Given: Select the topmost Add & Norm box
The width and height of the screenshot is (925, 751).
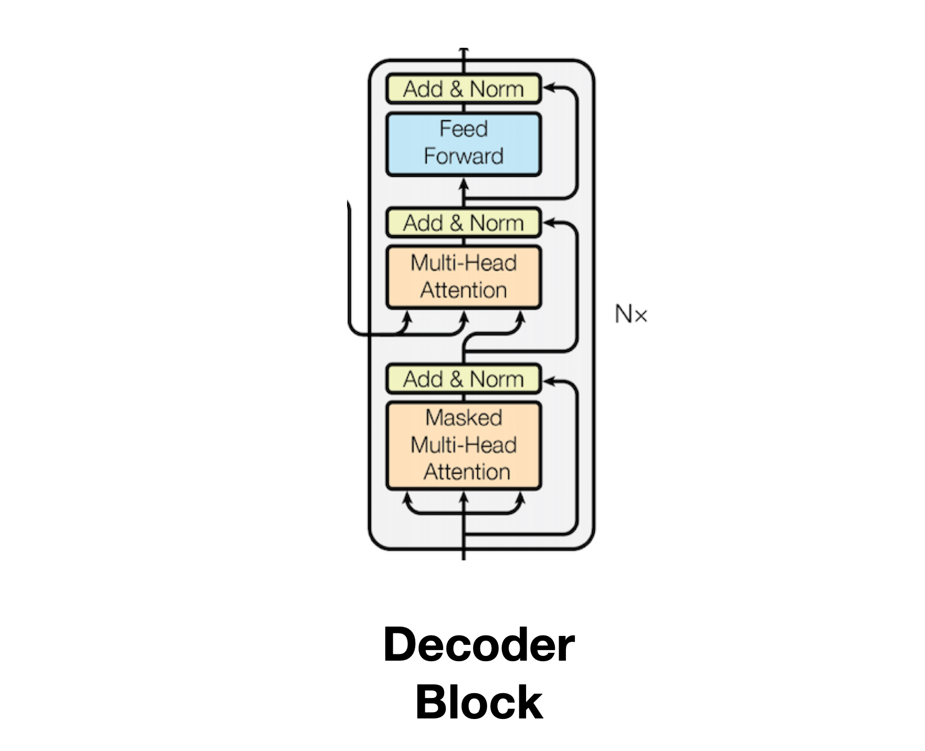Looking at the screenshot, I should [464, 89].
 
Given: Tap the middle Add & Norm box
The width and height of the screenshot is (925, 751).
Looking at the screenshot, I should [464, 223].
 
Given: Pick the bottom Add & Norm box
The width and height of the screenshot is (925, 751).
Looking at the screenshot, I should [464, 379].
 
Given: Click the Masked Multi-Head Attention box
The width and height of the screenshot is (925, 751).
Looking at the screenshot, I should [464, 445].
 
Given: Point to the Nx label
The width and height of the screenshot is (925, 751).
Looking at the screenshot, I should [630, 315].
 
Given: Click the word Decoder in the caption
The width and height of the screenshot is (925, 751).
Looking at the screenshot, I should [479, 645].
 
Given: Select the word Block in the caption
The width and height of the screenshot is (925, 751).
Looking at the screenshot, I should [479, 703].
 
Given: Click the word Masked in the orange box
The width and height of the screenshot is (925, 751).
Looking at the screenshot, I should [464, 418].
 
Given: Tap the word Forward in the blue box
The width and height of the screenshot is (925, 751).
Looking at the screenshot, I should [464, 156].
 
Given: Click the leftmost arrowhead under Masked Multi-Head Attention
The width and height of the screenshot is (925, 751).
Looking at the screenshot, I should [406, 496].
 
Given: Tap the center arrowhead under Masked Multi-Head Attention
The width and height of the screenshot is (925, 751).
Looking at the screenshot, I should [464, 496].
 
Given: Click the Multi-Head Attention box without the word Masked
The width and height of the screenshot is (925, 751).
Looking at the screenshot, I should [464, 277].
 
